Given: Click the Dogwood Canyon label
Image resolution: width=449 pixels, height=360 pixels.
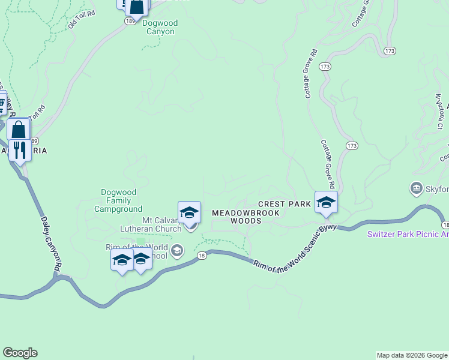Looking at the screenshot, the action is point(160,27).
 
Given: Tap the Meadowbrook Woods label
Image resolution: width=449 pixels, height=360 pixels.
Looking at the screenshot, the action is point(246,217).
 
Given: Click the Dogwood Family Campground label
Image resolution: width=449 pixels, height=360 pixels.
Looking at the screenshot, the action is point(118,200).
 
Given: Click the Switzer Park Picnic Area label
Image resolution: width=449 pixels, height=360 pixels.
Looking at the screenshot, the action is point(408,234).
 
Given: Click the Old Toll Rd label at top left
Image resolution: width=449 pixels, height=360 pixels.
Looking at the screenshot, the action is point(81,19).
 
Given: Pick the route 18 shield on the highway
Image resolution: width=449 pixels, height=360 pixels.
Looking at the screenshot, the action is point(203,255).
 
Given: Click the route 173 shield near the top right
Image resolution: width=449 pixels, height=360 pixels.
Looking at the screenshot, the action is point(390,51).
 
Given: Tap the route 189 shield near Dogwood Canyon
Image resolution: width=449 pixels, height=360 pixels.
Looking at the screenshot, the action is point(130,21).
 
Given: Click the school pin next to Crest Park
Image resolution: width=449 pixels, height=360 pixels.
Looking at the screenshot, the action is point(326,202).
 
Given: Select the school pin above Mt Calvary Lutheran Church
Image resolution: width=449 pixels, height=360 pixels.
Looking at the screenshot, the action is point(189,212).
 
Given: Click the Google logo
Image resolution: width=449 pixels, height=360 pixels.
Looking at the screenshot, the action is point(20,353).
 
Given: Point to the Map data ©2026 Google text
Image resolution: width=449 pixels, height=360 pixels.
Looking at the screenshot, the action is point(412,355).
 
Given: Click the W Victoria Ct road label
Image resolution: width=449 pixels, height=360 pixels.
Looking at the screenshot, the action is point(439,111).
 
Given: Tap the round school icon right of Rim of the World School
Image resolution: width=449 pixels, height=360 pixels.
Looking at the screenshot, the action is point(176,250).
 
